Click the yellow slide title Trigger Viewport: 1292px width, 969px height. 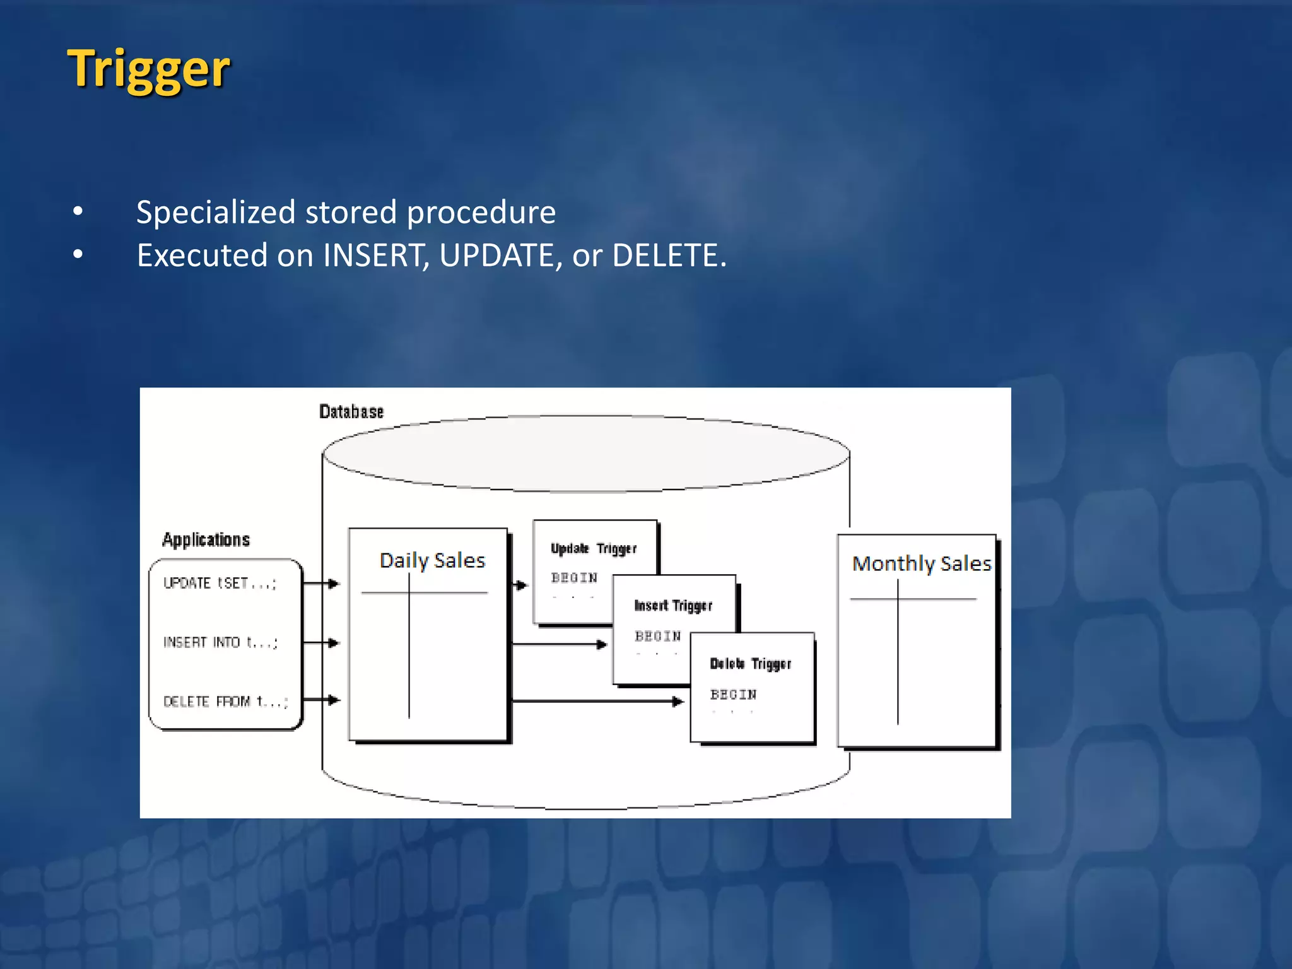(x=149, y=69)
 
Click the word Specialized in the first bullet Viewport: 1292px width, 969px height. (x=215, y=213)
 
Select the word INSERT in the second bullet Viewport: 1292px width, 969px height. (x=373, y=256)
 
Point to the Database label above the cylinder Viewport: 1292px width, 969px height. (x=351, y=412)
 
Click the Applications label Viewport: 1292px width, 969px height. (x=206, y=540)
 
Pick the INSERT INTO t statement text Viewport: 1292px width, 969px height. (x=220, y=643)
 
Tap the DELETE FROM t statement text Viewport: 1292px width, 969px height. (x=225, y=702)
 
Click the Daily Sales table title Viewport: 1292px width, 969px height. (x=432, y=560)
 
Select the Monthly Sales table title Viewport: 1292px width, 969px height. (x=921, y=563)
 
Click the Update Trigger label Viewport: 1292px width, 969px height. (x=593, y=549)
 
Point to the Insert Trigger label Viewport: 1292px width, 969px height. (x=672, y=606)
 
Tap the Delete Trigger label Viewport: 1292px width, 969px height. (x=750, y=664)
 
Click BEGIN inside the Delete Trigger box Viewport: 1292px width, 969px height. (x=733, y=695)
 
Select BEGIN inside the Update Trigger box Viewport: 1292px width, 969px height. (x=573, y=578)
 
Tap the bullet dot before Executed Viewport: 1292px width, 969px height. (x=78, y=255)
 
